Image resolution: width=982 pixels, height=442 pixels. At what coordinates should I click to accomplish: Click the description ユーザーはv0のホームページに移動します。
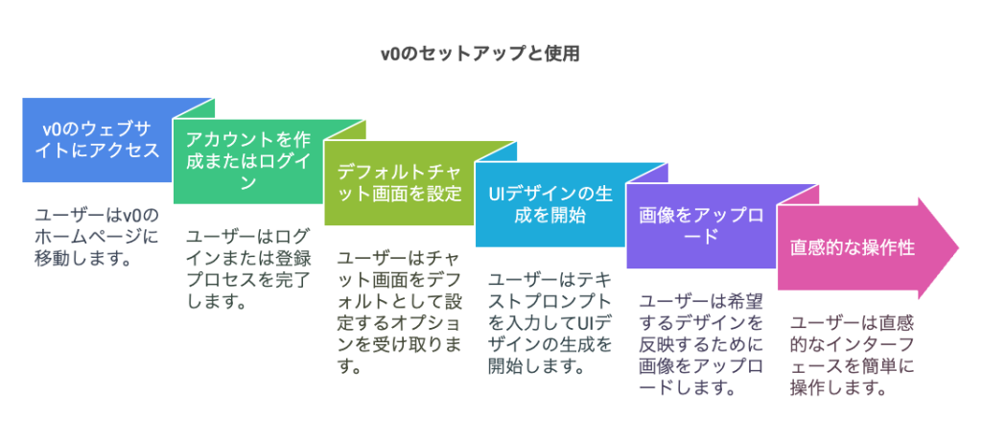96,236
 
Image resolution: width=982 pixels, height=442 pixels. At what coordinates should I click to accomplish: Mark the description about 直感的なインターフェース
852,356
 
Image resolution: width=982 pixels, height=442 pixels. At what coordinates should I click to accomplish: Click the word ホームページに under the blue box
96,236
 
